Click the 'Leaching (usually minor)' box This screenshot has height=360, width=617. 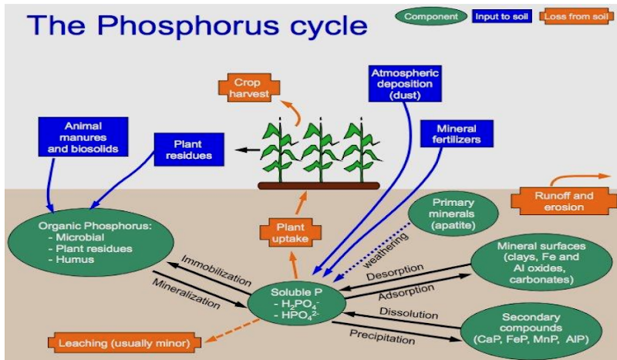(124, 341)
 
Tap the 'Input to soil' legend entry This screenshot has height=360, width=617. (501, 15)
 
